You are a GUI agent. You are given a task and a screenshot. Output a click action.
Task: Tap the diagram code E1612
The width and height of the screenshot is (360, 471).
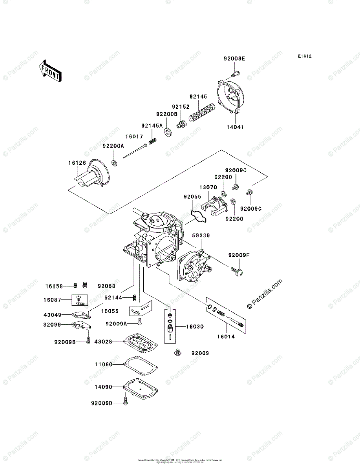[x=304, y=57]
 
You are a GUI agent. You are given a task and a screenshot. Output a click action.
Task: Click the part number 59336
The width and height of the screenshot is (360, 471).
[x=201, y=235]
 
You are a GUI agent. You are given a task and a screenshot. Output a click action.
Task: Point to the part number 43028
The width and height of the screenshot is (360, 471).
[x=103, y=342]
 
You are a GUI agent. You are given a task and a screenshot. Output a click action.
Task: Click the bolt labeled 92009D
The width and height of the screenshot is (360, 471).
[x=126, y=402]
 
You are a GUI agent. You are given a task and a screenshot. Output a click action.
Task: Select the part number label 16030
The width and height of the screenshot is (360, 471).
[x=195, y=326]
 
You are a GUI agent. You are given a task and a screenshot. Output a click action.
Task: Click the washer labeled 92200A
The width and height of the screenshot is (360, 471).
[x=115, y=162]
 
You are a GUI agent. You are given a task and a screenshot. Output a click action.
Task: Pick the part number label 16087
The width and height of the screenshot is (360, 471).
[x=53, y=300]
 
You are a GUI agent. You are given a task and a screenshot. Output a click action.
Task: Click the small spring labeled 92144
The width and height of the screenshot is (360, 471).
[x=135, y=298]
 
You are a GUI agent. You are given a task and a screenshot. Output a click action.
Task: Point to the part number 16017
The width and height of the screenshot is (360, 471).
[x=134, y=137]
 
